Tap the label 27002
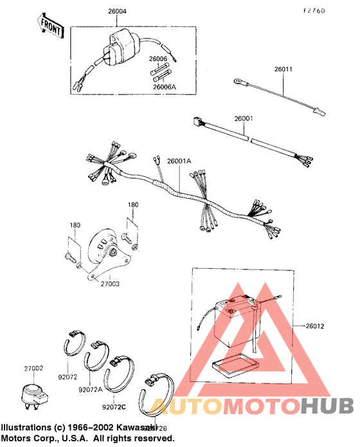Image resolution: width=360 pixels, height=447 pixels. (x=33, y=369)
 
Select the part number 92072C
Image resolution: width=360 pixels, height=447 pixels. (x=114, y=406)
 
